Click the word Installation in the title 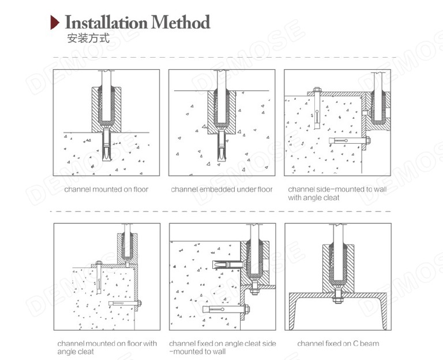(106, 23)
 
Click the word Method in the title (180, 23)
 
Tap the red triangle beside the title (57, 23)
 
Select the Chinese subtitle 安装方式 (88, 40)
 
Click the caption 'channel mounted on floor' (106, 189)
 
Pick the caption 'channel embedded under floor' (221, 189)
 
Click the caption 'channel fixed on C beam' (338, 343)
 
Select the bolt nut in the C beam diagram (337, 298)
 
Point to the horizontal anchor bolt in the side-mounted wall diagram (349, 140)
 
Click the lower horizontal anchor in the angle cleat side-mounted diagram (225, 309)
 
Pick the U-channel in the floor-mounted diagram (107, 107)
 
